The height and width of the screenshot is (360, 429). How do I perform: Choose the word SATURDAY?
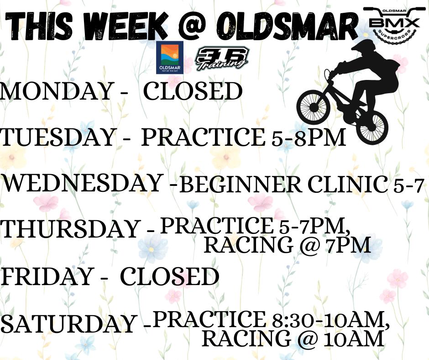coord(68,324)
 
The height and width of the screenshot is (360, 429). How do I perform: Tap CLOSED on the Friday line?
coord(169,277)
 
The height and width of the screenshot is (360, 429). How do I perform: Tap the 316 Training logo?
coord(221,59)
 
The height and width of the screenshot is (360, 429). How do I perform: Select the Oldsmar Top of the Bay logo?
coord(169,58)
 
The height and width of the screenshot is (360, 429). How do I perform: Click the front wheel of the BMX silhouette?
coord(313,107)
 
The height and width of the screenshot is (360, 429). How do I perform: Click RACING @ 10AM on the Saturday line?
coord(292,339)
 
